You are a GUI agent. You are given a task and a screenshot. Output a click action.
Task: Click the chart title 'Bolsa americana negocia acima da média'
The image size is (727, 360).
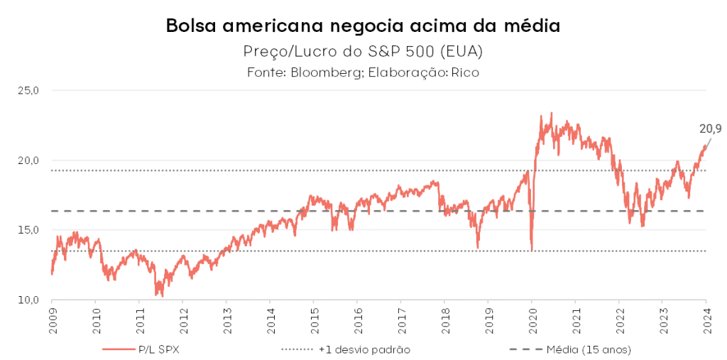tap(363, 26)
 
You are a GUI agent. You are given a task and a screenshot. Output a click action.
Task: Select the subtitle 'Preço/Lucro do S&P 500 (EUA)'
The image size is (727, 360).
tap(363, 52)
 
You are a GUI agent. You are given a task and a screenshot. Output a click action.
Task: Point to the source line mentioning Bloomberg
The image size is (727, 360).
tap(363, 72)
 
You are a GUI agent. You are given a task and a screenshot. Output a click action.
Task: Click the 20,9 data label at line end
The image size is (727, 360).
tap(711, 129)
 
